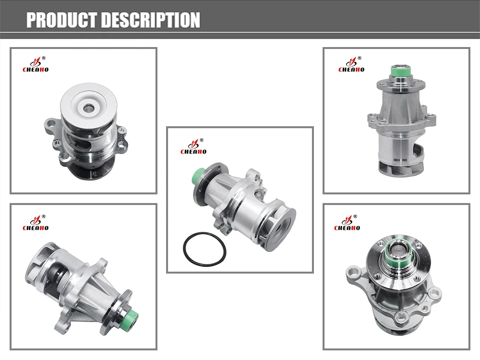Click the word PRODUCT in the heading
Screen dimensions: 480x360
tap(62, 20)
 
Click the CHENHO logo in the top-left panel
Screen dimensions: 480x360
tap(36, 64)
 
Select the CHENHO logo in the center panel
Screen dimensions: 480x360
tap(193, 146)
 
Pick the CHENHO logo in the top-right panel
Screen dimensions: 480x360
tap(351, 64)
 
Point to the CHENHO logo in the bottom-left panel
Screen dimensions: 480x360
tap(36, 223)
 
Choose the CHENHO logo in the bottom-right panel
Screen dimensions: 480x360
tap(347, 223)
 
